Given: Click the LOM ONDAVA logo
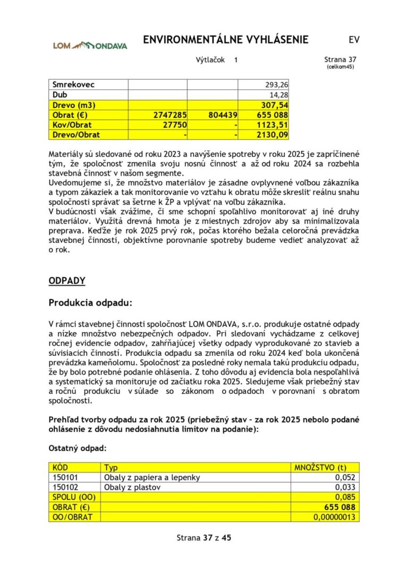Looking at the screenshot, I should [90, 45].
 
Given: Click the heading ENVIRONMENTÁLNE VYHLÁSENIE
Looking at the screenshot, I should [226, 40].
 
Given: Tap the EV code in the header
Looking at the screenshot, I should [354, 40].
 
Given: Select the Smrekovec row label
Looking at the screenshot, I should [74, 85].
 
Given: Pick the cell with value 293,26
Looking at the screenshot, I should [276, 85].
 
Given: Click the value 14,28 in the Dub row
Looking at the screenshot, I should [279, 95].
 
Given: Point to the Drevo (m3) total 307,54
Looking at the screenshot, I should [276, 105].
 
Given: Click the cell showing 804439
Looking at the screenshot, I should [223, 115].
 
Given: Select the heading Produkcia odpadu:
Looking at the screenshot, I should [90, 303].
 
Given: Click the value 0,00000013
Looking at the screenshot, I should [334, 517].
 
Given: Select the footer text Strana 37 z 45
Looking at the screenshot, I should [204, 537].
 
